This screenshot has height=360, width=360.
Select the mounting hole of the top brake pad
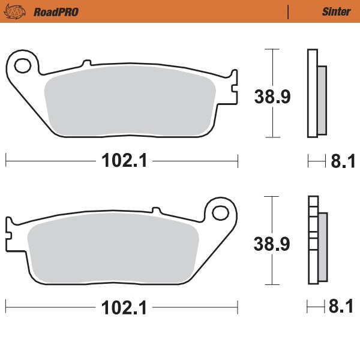24,64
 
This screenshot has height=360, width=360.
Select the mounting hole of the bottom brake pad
222,211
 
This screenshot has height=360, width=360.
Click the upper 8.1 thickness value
340,160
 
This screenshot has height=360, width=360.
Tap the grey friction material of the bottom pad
114,249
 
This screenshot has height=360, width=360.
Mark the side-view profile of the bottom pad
316,240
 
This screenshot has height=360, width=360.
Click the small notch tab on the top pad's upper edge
86,62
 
